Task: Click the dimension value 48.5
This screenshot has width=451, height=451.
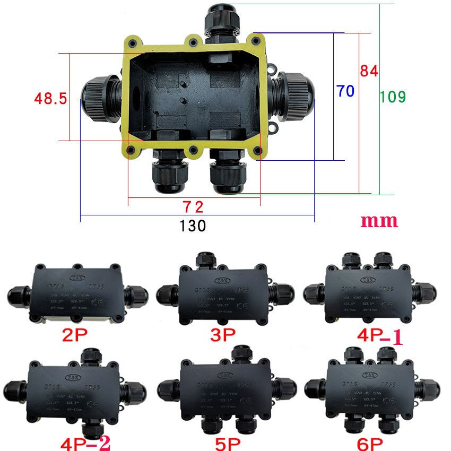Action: pos(50,98)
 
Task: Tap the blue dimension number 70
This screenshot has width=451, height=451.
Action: pos(344,91)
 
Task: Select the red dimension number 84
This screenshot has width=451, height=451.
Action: pos(369,71)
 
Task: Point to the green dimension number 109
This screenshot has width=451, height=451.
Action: pos(393,97)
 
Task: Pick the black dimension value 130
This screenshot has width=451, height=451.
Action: pos(192,226)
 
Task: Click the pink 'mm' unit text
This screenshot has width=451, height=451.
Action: pos(379,221)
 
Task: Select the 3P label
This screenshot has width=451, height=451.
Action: pos(222,335)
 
